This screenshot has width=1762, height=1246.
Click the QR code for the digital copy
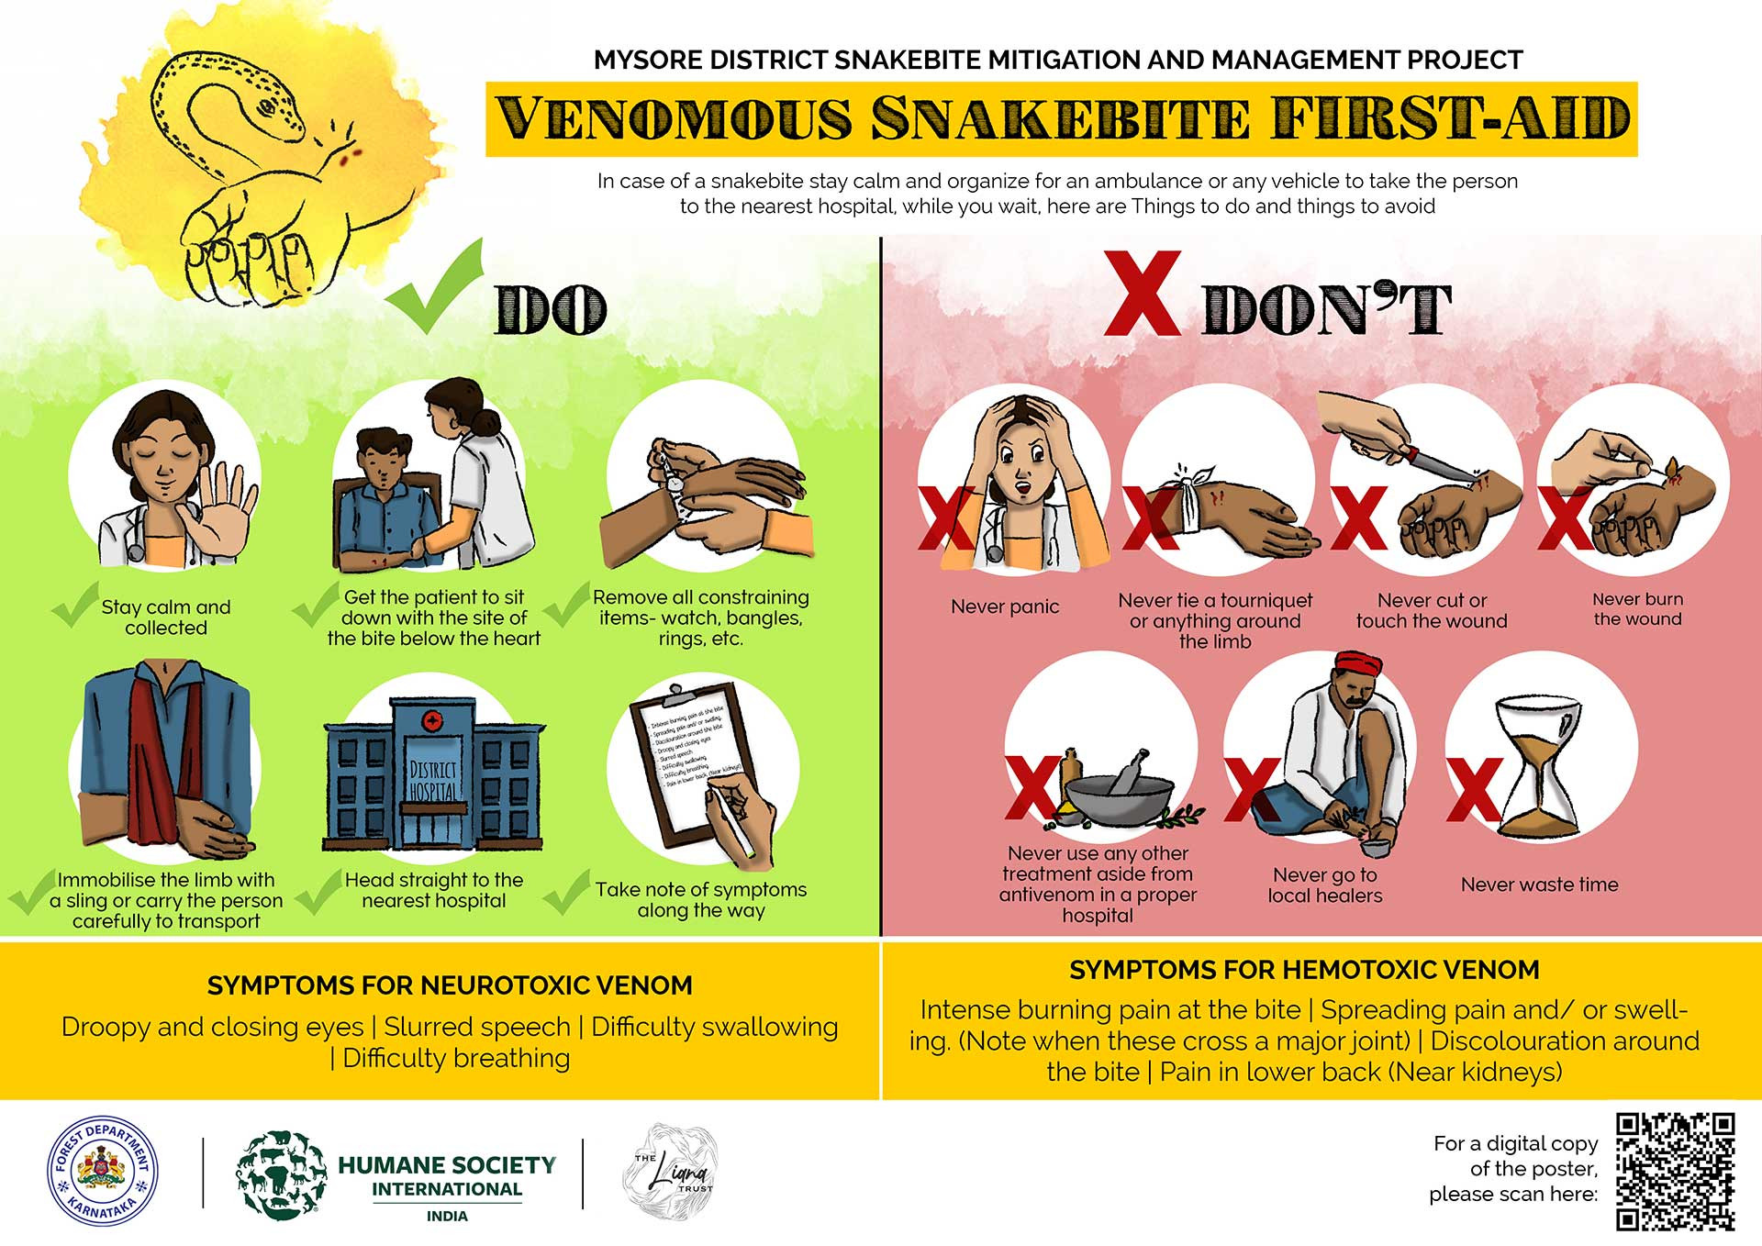point(1675,1171)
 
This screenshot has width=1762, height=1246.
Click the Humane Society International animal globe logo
point(282,1174)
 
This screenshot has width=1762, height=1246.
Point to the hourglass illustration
point(1538,767)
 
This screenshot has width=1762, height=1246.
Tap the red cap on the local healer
point(1351,664)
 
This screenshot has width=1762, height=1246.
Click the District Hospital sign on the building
point(432,780)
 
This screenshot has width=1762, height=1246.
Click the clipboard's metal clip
point(677,688)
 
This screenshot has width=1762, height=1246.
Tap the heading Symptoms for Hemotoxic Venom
point(1304,970)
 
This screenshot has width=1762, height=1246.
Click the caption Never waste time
point(1539,884)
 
